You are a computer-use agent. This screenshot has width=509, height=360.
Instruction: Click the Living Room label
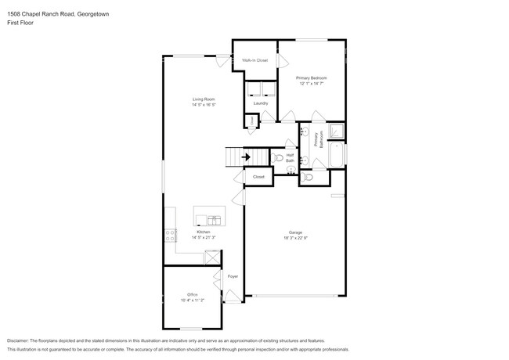[204, 99]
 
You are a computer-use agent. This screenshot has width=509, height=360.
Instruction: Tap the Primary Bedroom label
[311, 78]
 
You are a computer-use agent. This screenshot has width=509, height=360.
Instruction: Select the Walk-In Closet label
[254, 60]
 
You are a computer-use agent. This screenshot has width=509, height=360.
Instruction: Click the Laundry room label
[261, 103]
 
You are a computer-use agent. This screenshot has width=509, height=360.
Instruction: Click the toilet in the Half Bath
[279, 157]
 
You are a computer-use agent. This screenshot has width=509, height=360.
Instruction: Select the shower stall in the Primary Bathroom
[335, 131]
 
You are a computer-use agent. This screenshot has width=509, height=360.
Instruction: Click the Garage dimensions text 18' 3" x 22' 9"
[295, 238]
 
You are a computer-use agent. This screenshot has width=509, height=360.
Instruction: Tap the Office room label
[192, 294]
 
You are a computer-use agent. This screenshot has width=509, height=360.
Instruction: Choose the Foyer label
[233, 276]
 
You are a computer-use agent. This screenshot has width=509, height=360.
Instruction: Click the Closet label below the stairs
[258, 177]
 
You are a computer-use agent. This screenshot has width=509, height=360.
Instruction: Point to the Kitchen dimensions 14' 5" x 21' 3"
[204, 237]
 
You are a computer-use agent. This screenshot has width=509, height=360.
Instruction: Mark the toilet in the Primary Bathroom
[308, 178]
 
